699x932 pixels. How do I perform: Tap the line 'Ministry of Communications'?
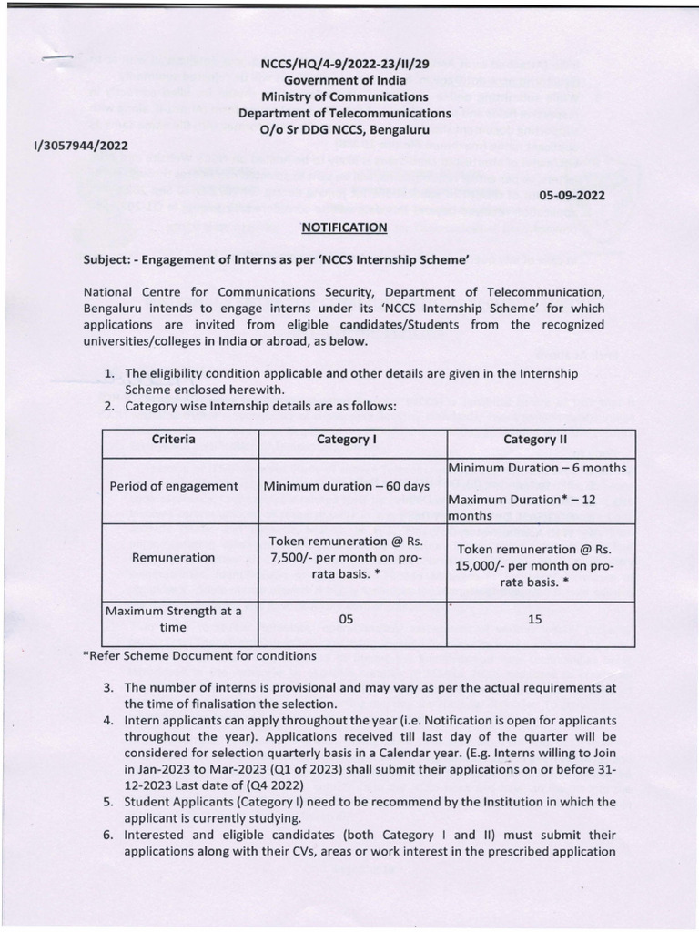pyautogui.click(x=344, y=97)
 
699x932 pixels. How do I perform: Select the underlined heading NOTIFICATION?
pyautogui.click(x=344, y=227)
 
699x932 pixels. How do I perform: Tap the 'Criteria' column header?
pyautogui.click(x=173, y=440)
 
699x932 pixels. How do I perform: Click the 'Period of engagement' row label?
pyautogui.click(x=173, y=486)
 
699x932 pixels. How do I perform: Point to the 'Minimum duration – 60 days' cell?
pyautogui.click(x=347, y=486)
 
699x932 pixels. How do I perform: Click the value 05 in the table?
pyautogui.click(x=346, y=619)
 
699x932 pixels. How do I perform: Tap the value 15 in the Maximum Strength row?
pyautogui.click(x=534, y=619)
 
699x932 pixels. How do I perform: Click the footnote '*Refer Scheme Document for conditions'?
pyautogui.click(x=198, y=655)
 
